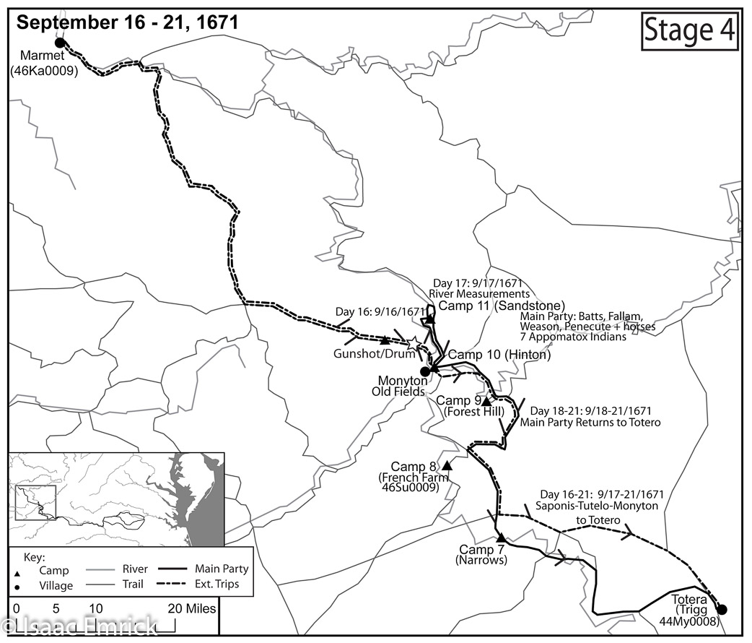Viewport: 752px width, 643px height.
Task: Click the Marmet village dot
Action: [60, 43]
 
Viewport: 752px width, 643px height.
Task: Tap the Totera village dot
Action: [721, 609]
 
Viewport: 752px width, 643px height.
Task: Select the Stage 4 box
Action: [689, 30]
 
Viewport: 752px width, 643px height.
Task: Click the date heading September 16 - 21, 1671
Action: [127, 22]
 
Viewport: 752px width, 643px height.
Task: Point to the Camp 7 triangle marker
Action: [500, 538]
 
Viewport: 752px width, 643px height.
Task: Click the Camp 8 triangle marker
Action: [447, 465]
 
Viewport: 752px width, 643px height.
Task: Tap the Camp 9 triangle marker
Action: [486, 401]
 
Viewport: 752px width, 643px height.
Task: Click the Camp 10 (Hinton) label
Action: [499, 355]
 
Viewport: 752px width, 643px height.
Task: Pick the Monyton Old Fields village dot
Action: [425, 371]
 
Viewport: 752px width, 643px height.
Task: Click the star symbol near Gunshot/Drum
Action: [414, 345]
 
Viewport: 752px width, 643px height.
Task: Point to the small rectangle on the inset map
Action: [35, 503]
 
